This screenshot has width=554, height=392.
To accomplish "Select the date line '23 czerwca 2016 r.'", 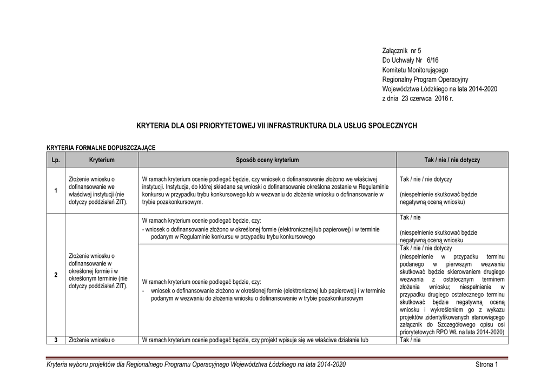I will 425,98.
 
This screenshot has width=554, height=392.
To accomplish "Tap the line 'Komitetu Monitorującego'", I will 415,70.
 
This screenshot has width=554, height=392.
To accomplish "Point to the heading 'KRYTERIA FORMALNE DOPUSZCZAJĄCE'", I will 101,147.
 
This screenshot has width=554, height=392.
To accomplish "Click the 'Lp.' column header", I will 56,160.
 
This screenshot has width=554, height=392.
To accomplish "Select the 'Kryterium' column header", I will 102,160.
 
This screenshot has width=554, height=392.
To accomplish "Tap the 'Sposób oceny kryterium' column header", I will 267,160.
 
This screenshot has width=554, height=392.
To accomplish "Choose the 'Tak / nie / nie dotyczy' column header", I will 452,160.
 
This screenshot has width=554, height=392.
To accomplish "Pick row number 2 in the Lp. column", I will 56,275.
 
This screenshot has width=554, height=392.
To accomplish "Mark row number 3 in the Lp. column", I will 56,340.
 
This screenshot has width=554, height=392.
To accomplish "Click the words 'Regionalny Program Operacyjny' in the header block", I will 425,79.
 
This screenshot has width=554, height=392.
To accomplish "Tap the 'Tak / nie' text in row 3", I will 410,340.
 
